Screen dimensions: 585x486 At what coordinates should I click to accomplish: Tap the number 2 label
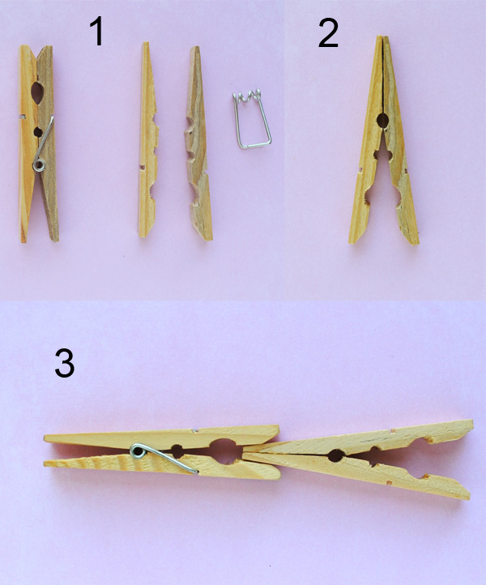coord(327,33)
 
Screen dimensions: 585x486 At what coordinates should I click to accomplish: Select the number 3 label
coord(65,364)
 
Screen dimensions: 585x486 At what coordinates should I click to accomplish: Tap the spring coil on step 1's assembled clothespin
coord(37,165)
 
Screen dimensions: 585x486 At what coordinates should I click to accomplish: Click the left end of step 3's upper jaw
coord(47,438)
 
